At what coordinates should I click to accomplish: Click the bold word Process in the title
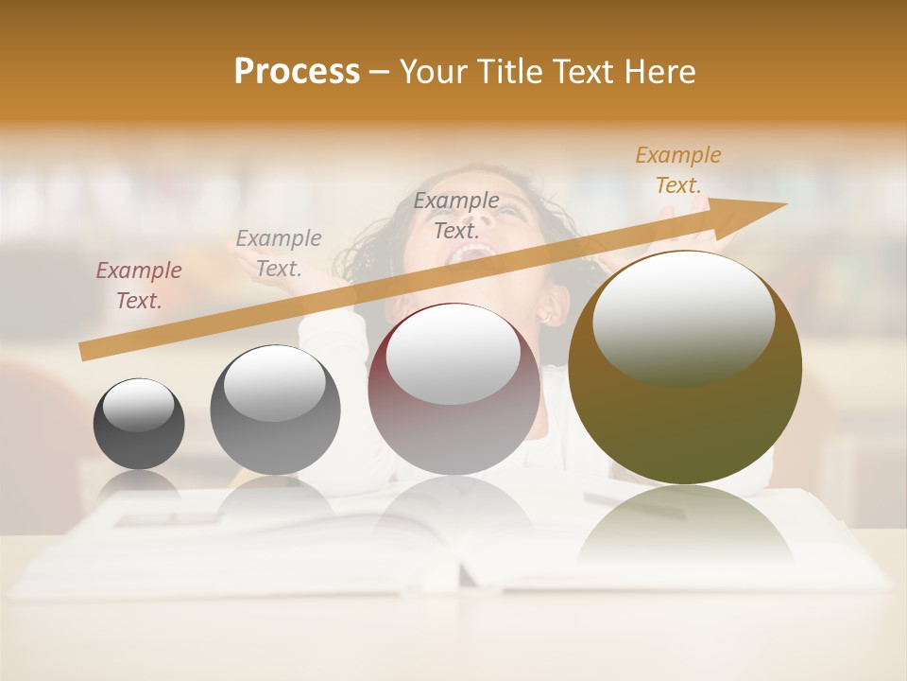(x=297, y=72)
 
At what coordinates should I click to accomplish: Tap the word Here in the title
(x=661, y=72)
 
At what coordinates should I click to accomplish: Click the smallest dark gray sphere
(x=139, y=424)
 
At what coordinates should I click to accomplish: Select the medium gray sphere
(x=275, y=410)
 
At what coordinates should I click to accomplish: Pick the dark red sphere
(x=453, y=389)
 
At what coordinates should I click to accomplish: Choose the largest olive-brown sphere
(x=685, y=367)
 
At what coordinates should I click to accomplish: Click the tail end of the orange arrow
(x=85, y=352)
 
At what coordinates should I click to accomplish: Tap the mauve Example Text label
(x=139, y=286)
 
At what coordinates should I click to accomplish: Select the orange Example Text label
(x=678, y=170)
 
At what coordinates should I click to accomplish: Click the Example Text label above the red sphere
(x=456, y=215)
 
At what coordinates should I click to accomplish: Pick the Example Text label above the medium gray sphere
(x=279, y=253)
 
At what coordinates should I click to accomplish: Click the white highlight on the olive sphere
(x=684, y=317)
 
